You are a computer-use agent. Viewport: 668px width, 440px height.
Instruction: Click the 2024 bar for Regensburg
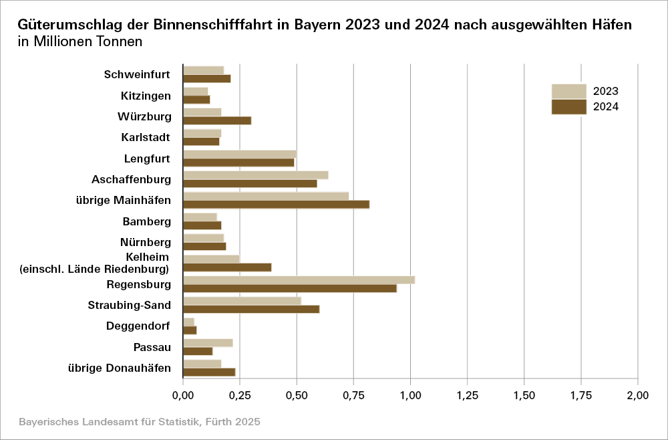click(290, 288)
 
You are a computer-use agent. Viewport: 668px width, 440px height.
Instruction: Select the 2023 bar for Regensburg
click(299, 280)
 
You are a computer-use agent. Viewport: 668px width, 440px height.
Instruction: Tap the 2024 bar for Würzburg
click(217, 120)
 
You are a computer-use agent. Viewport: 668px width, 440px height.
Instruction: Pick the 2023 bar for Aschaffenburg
click(255, 175)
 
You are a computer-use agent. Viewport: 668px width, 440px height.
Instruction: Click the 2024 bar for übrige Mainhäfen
click(276, 205)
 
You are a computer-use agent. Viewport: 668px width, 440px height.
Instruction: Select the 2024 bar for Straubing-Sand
click(251, 309)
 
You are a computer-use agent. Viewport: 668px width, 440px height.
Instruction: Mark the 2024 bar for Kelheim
click(227, 267)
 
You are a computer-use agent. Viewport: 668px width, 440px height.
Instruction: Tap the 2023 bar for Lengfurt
click(239, 154)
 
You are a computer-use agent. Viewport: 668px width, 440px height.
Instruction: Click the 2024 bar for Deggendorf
click(190, 330)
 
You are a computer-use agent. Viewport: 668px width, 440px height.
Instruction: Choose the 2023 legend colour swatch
click(568, 92)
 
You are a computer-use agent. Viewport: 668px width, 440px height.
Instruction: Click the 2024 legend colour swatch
click(568, 107)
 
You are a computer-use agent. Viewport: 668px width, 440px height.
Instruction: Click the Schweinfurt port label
click(137, 74)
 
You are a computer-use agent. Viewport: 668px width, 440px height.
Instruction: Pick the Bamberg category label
click(146, 221)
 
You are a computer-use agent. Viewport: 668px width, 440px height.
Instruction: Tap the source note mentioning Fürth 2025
click(139, 422)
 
